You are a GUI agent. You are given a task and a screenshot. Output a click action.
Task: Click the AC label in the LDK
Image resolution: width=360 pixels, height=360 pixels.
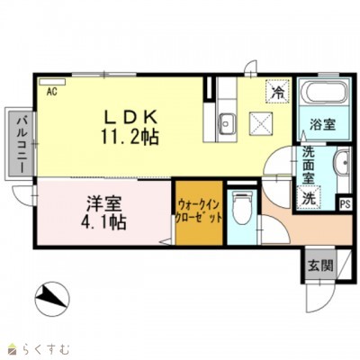pyautogui.click(x=50, y=91)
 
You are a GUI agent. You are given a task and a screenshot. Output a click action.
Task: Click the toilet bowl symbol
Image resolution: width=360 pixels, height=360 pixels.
pyautogui.click(x=241, y=210)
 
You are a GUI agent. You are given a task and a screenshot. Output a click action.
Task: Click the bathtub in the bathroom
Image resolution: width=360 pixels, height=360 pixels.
pyautogui.click(x=320, y=95)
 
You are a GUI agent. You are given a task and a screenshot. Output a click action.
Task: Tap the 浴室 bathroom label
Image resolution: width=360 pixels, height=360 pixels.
pyautogui.click(x=325, y=125)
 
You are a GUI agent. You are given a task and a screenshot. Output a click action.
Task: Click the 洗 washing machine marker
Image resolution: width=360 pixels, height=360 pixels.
pyautogui.click(x=309, y=198)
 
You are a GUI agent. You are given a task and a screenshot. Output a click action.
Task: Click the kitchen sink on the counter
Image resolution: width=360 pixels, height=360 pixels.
pyautogui.click(x=226, y=122)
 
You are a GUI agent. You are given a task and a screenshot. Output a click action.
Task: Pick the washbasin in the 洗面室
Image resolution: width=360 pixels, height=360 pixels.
pyautogui.click(x=342, y=164)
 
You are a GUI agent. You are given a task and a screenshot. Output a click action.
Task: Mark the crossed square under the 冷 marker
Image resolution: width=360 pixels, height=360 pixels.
pyautogui.click(x=261, y=120)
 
